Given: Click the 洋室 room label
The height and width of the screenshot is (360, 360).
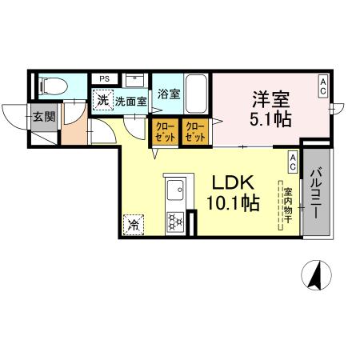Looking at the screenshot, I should (x=269, y=101).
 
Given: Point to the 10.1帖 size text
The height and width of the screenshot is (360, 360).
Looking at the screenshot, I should (x=232, y=203).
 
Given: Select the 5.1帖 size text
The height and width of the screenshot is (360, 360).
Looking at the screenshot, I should (x=269, y=121).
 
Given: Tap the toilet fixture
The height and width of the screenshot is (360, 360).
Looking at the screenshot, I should (x=49, y=84).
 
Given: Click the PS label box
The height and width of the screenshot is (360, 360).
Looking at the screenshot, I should (x=105, y=78).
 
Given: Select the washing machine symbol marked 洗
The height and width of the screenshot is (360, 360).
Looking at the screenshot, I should (x=102, y=101).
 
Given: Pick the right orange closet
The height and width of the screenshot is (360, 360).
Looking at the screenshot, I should (x=194, y=131).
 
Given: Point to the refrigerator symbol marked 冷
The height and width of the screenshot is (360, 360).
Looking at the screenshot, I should (x=132, y=225).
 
